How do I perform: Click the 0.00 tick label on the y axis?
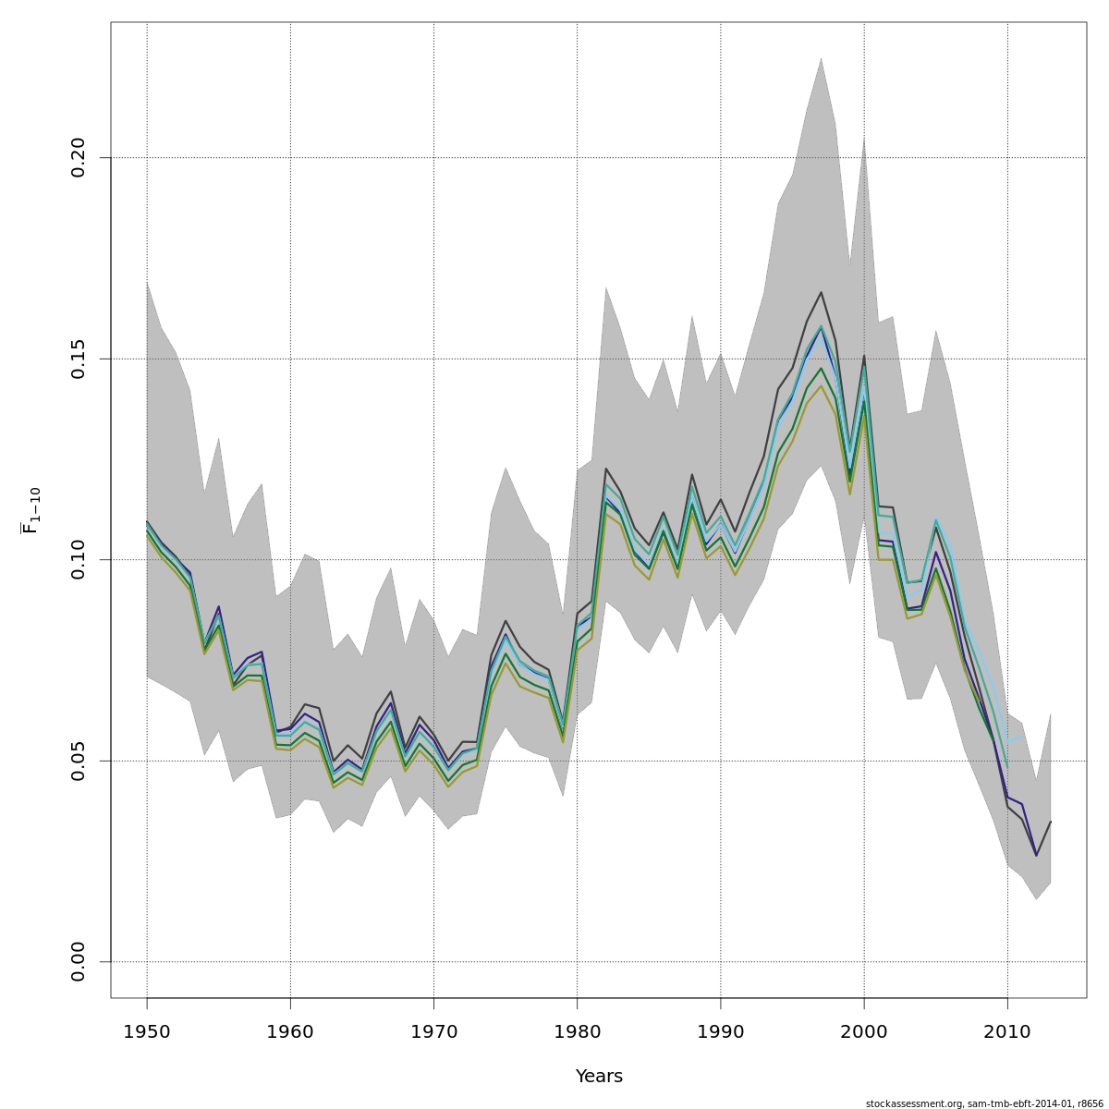coord(78,961)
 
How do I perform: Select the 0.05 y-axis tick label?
coord(78,761)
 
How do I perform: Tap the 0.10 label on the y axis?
coord(78,559)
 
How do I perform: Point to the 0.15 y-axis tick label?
coord(78,359)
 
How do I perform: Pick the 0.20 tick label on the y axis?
coord(78,157)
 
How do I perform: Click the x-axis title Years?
coord(599,1077)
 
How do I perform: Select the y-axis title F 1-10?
coord(31,510)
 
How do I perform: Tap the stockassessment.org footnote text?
coord(984,1103)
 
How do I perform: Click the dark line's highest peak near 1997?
coord(821,292)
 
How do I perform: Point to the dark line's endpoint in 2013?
coord(1050,822)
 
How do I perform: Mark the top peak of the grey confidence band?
coord(821,58)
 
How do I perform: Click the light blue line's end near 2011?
coord(1021,737)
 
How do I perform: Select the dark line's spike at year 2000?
coord(864,355)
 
